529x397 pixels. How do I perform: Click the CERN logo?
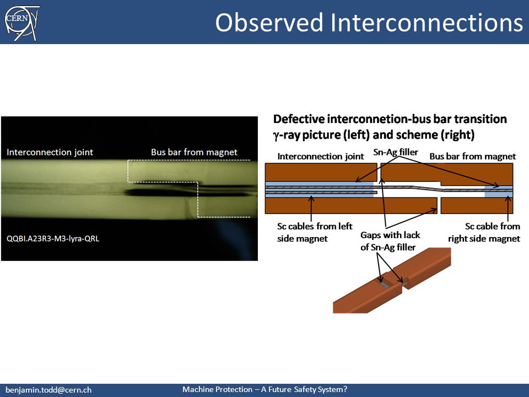(x=22, y=23)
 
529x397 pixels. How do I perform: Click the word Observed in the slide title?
(x=269, y=23)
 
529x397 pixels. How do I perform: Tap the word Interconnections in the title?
(x=427, y=23)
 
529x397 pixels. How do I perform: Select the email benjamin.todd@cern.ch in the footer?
(x=48, y=390)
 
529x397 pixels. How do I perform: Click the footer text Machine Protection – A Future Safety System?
(x=265, y=389)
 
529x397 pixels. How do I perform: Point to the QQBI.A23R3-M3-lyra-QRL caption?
(x=53, y=239)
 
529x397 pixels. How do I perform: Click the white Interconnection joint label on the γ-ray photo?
(x=50, y=152)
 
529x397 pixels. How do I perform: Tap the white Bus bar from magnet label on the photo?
(x=194, y=152)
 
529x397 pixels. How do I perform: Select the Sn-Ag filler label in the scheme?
(x=396, y=152)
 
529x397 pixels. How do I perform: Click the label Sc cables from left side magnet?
(x=315, y=232)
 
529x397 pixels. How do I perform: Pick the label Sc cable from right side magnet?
(x=484, y=232)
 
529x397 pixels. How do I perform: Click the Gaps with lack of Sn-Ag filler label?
(x=390, y=241)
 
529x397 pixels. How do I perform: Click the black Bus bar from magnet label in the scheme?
(x=472, y=156)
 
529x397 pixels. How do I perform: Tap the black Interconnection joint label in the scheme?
(x=321, y=156)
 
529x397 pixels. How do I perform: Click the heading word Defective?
(x=299, y=119)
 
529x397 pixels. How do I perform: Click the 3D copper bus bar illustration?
(x=392, y=280)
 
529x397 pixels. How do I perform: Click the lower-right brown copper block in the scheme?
(x=477, y=206)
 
